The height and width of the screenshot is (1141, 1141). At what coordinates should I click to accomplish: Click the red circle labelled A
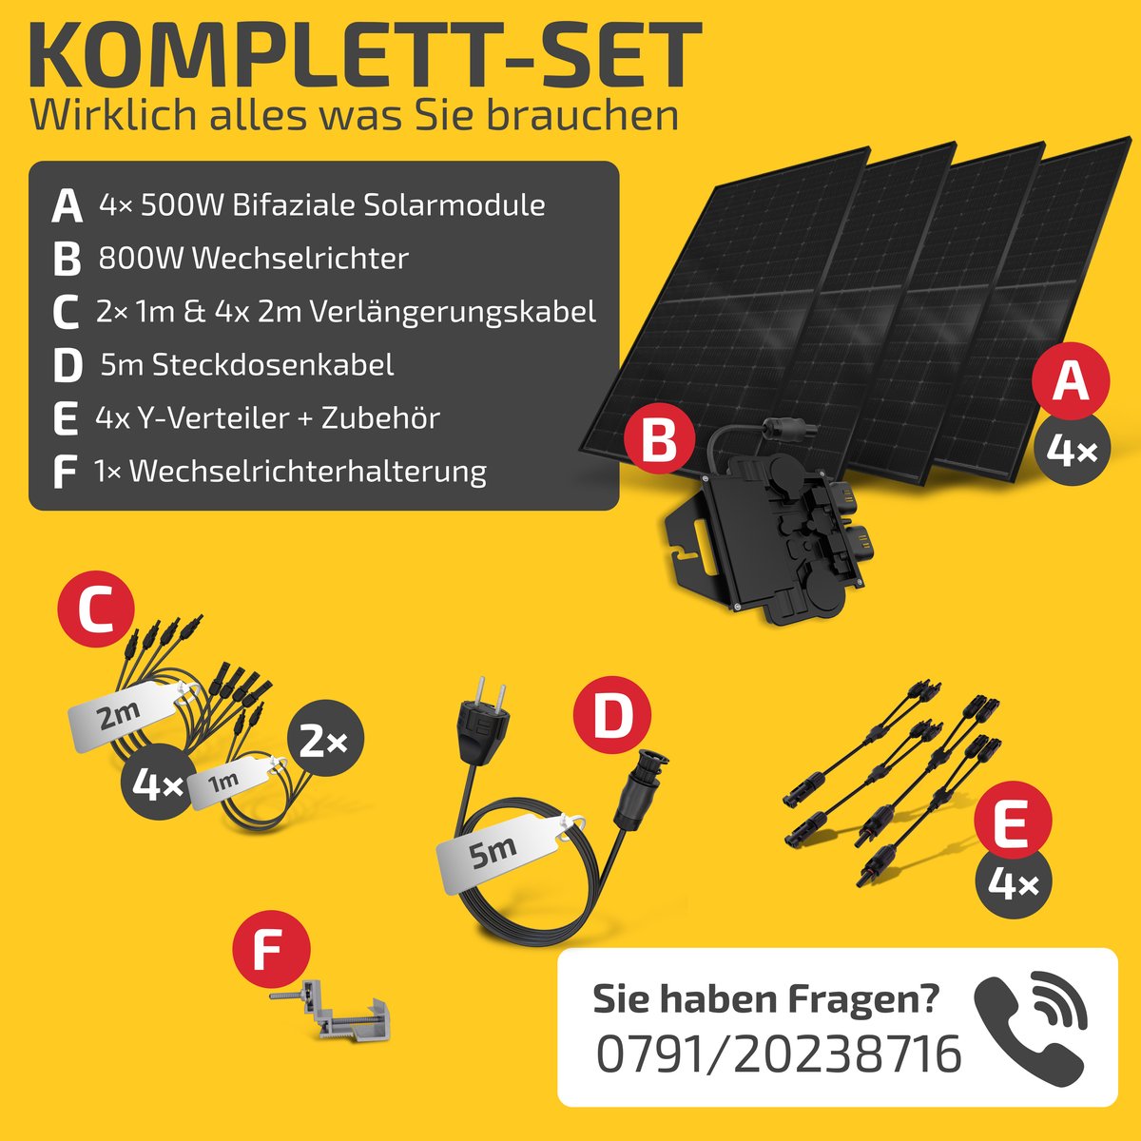click(x=1071, y=383)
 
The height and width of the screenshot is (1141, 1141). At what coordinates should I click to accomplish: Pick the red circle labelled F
click(x=271, y=949)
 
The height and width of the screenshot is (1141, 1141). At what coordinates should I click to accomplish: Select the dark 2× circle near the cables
click(x=324, y=742)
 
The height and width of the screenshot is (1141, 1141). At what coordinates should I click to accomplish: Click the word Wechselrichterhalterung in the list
click(x=308, y=472)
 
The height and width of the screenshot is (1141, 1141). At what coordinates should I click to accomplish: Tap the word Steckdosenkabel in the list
click(x=272, y=365)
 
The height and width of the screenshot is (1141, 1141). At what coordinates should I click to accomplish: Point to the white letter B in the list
click(x=67, y=259)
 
